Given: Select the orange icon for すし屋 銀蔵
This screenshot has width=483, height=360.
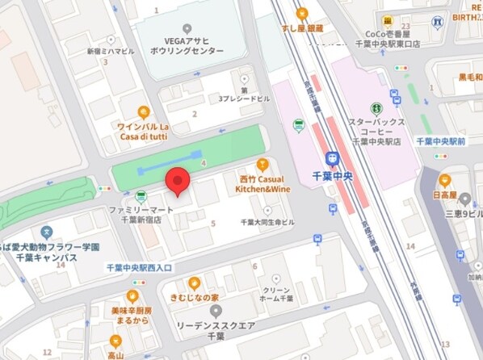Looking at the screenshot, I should point(302,14).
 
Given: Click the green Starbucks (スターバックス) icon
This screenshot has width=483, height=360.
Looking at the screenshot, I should point(376,108).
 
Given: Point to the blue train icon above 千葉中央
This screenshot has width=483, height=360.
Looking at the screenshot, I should point(331,159).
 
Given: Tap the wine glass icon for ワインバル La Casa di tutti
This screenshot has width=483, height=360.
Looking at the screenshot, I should point(144,112).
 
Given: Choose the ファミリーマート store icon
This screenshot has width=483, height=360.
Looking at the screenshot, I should point(141,195).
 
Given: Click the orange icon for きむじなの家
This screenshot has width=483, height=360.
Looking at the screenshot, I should point(194,283).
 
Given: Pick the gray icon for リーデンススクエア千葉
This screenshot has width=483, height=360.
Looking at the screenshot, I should point(215,310).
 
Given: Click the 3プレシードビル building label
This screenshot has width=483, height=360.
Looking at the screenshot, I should point(243,99).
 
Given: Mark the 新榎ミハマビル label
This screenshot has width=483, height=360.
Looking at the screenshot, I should point(110,51).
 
